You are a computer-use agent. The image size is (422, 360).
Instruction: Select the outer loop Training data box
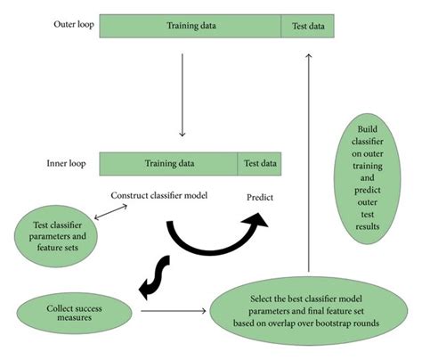[x=190, y=26]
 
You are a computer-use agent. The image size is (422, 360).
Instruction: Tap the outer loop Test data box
[x=308, y=26]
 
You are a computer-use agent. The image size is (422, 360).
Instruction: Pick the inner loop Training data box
[x=167, y=164]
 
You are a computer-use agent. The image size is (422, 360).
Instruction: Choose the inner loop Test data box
[x=260, y=164]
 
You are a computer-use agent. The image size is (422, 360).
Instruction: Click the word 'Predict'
[x=259, y=197]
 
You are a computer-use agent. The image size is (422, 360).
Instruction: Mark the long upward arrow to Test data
[x=309, y=160]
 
